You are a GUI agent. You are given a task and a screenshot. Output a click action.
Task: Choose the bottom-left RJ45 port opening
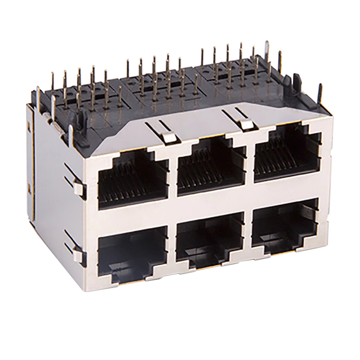tap(133, 250)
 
